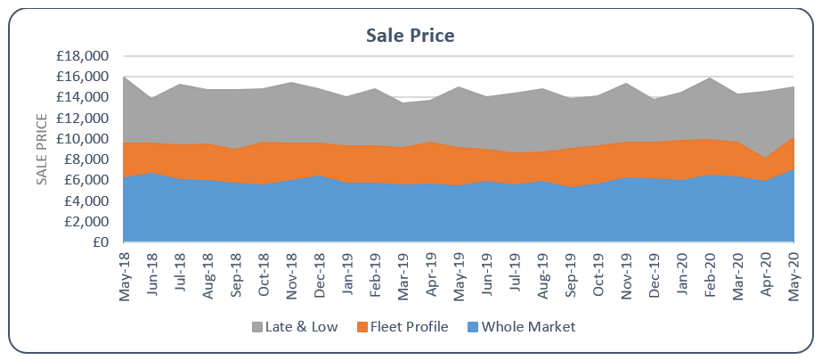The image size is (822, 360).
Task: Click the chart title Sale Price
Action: click(411, 36)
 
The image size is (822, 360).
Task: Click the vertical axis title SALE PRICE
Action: click(41, 150)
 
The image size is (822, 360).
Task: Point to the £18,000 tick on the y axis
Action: click(82, 56)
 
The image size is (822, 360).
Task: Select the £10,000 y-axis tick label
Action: click(82, 139)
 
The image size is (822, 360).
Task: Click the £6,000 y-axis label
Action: click(85, 180)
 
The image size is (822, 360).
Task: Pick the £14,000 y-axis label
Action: click(82, 98)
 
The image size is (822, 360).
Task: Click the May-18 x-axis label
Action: click(124, 274)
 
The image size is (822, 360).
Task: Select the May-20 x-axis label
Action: click(793, 274)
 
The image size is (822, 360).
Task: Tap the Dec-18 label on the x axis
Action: click(319, 274)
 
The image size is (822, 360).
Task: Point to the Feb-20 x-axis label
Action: click(709, 274)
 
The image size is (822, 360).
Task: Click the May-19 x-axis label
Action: click(459, 274)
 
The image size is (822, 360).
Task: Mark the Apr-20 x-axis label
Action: click(765, 274)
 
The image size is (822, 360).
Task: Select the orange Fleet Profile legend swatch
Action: click(361, 327)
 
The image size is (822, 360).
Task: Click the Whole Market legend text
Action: click(527, 327)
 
